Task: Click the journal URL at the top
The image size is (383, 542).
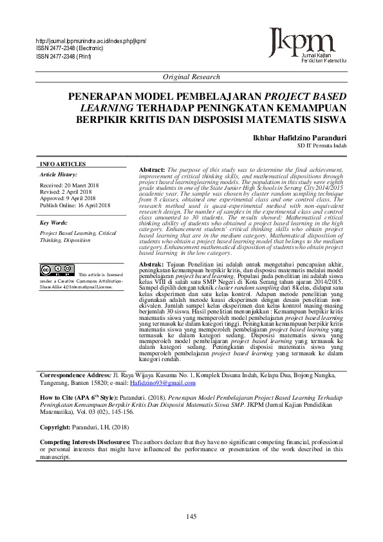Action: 91,41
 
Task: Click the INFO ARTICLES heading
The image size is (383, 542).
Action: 62,164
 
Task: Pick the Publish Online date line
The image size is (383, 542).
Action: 75,205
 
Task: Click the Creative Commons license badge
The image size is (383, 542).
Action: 57,270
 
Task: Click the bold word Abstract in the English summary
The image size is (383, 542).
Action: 152,169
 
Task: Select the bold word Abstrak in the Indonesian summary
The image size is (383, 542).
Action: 151,265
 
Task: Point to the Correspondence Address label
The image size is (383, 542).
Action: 75,375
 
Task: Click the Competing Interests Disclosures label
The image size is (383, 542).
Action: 85,442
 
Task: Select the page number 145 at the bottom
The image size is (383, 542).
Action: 191,517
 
